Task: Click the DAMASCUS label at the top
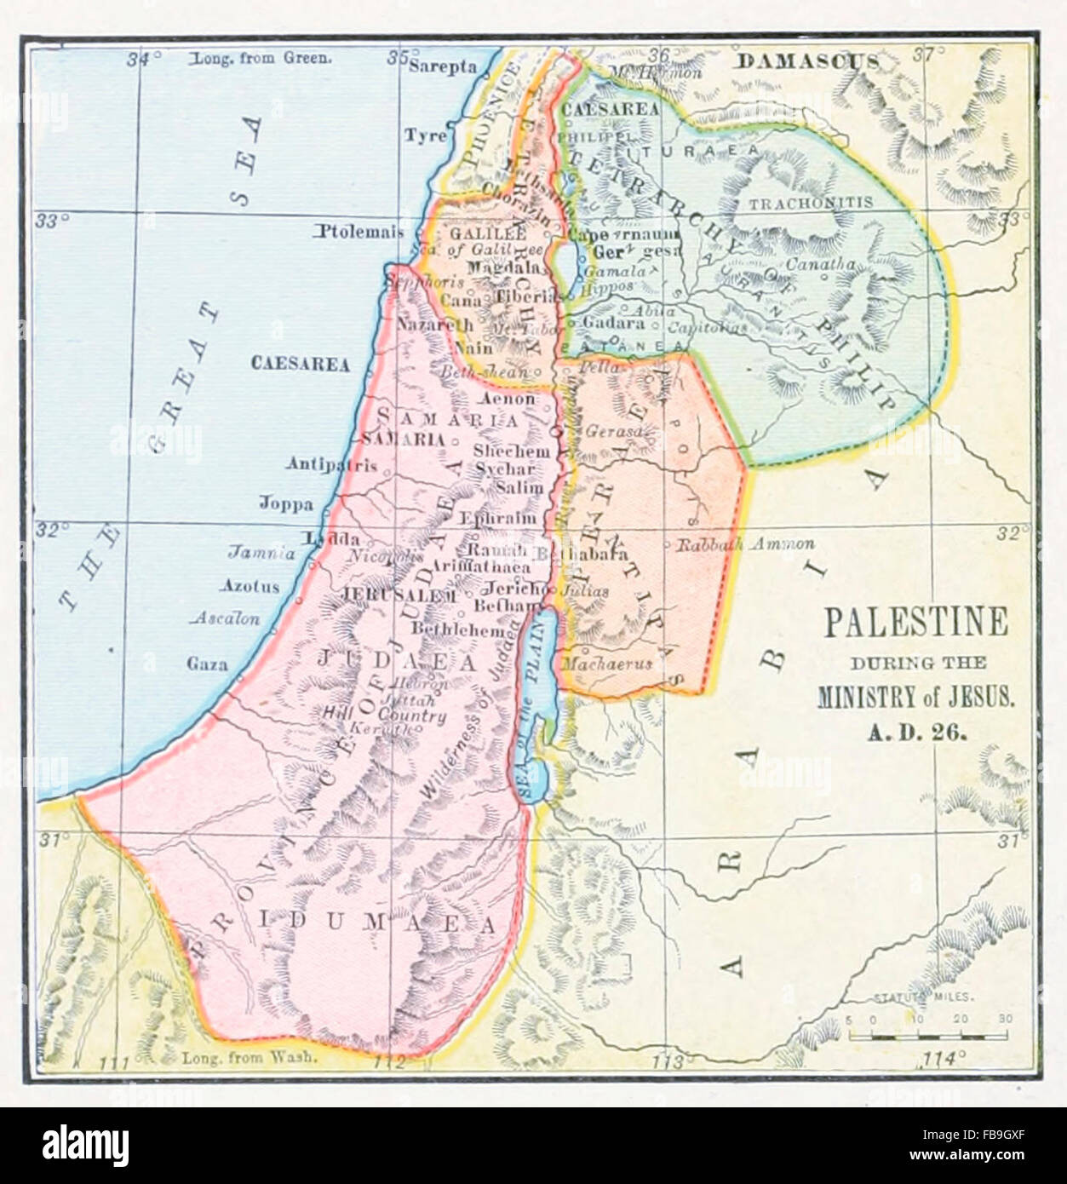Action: [x=806, y=60]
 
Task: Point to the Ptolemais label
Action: [x=358, y=232]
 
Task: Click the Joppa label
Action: [x=286, y=503]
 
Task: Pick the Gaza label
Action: [x=207, y=663]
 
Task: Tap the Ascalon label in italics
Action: [x=226, y=618]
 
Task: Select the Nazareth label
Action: [x=434, y=325]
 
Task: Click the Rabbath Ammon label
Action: [x=745, y=543]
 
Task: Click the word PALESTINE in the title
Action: [x=915, y=624]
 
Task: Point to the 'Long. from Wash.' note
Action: [x=249, y=1058]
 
